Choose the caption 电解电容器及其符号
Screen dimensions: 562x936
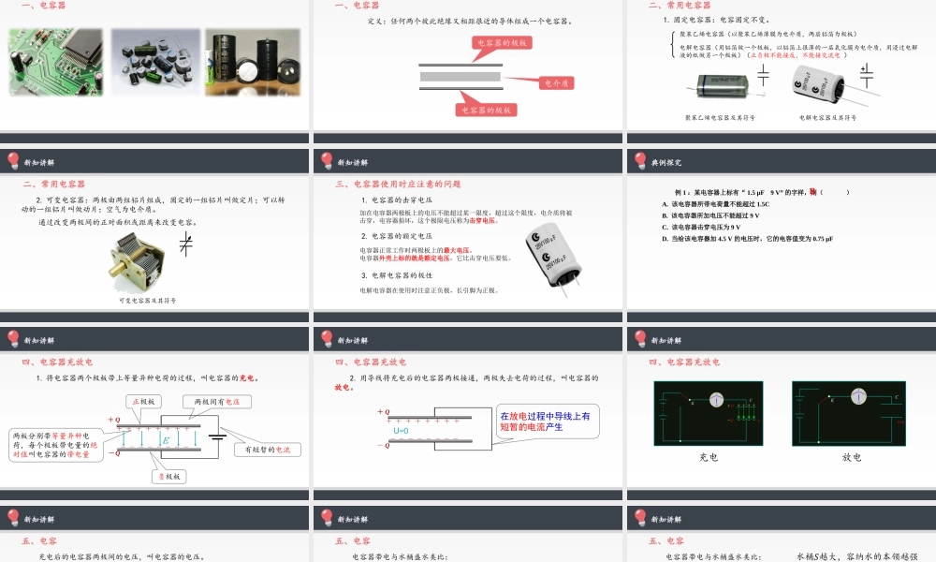point(828,118)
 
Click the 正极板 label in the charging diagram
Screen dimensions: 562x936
point(146,402)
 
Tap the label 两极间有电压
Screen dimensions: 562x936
point(222,402)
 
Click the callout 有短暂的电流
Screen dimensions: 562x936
point(268,450)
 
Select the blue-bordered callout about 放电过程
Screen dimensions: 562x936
point(545,421)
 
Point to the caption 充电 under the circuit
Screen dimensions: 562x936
point(709,457)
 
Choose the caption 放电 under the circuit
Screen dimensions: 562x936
point(851,457)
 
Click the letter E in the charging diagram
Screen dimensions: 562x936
point(165,439)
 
